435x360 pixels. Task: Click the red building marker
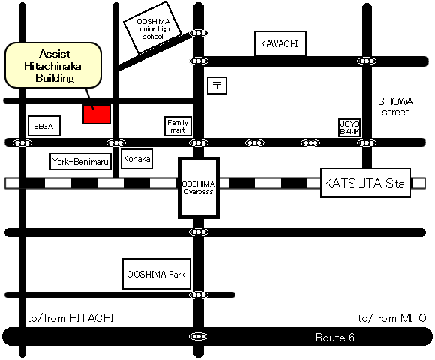pos(97,114)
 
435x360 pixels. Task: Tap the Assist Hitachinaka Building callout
pos(53,65)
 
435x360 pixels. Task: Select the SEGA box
pos(44,126)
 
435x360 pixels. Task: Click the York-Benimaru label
pos(80,161)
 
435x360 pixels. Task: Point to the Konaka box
pos(137,159)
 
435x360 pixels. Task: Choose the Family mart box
pos(178,127)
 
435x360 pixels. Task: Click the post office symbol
pos(217,85)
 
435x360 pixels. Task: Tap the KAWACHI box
pos(280,43)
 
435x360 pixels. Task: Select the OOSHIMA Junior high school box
pos(152,28)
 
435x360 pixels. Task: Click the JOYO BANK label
pos(349,127)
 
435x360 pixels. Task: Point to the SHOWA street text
pos(395,106)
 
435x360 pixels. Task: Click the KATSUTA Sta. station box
pos(365,183)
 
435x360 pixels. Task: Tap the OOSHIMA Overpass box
pos(198,187)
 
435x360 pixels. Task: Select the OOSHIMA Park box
pos(157,274)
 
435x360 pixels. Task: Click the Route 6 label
pos(334,337)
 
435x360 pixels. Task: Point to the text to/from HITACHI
pos(70,318)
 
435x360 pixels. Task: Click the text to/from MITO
pos(391,318)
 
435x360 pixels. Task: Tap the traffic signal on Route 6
pos(198,337)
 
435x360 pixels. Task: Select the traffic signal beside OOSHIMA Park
pos(198,295)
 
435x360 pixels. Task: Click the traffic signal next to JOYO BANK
pos(367,142)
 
